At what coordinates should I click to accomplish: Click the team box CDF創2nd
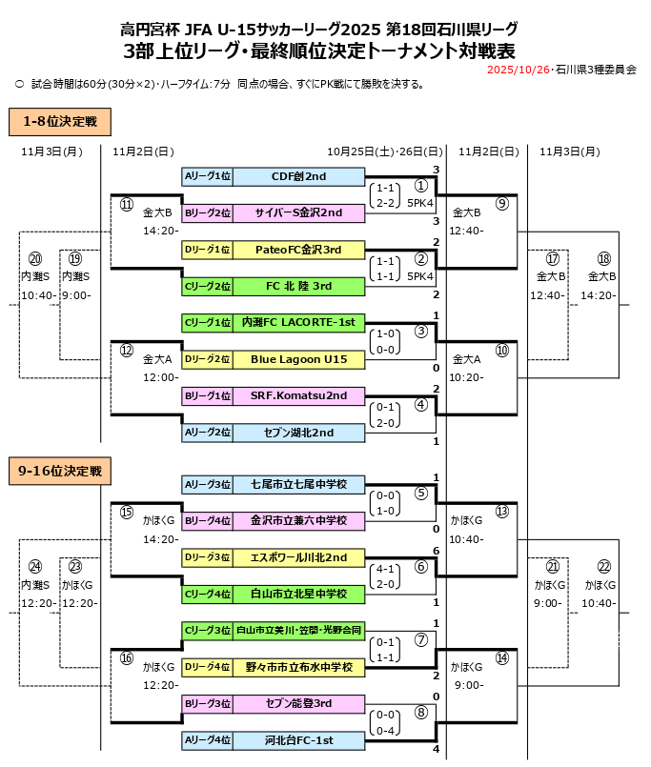point(298,176)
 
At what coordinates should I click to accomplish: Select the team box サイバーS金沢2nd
point(298,213)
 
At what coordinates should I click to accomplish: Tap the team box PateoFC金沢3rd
point(298,250)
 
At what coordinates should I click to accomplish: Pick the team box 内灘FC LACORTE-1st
point(298,323)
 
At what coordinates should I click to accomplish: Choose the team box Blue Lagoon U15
point(298,359)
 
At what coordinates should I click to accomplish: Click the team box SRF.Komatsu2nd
point(298,395)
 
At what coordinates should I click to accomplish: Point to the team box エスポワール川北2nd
point(298,557)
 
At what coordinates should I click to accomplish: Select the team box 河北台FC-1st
point(298,739)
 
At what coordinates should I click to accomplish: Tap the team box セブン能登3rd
point(298,703)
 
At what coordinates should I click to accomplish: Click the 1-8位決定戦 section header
point(60,121)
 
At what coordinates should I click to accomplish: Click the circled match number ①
point(420,186)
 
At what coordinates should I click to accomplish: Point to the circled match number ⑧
point(420,711)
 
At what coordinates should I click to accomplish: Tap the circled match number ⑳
point(35,259)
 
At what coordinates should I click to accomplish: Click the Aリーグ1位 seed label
point(207,176)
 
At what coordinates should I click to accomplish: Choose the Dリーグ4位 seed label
point(207,667)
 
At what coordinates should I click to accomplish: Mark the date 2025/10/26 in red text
point(518,71)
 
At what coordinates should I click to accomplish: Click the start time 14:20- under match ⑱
point(602,295)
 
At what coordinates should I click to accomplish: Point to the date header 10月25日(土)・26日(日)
point(384,151)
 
